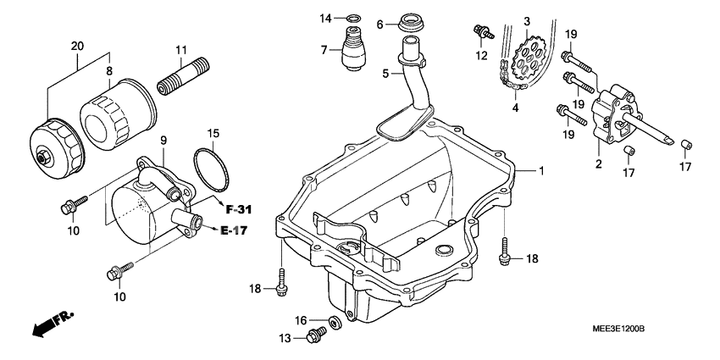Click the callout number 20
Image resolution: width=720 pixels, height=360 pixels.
point(78,45)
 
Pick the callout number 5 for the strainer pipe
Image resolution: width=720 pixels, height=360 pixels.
point(385,75)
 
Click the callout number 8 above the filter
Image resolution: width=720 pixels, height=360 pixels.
point(108,72)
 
